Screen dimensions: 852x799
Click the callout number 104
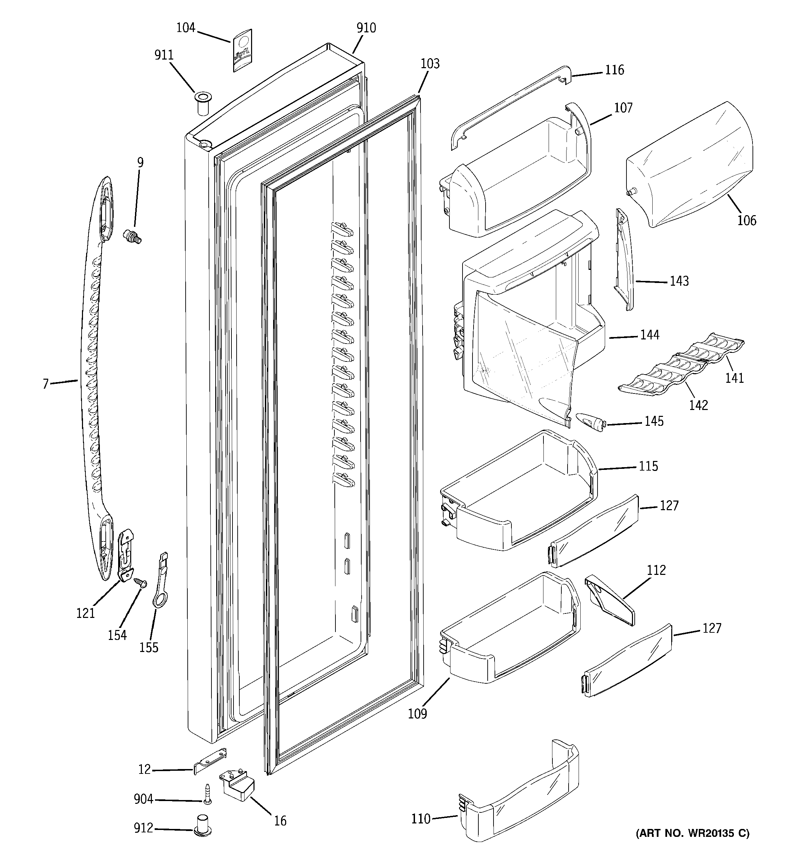tap(186, 28)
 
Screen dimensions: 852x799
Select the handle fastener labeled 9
tap(132, 236)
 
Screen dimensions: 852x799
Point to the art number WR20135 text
tap(692, 833)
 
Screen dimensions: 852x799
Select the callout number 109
tap(417, 714)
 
